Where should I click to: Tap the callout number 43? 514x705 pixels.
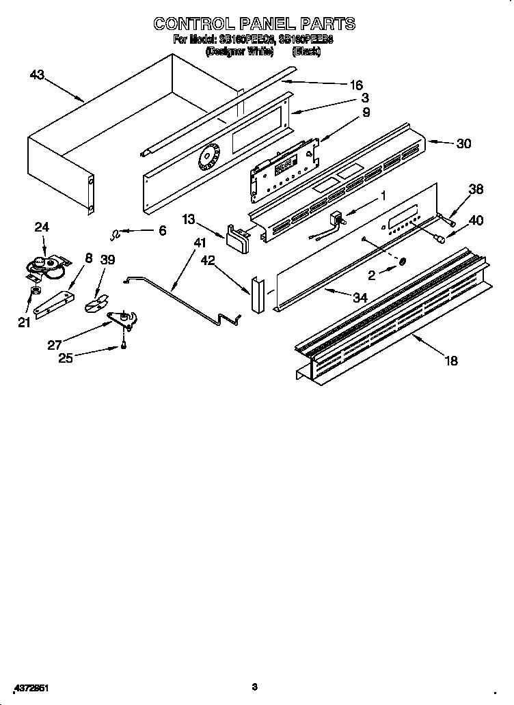38,75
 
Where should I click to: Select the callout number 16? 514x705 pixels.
355,85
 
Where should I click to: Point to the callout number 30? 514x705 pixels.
463,143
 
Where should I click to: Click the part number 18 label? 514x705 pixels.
451,361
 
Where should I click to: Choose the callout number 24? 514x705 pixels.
42,227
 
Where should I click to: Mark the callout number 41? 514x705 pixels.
199,243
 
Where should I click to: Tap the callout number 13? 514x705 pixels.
188,219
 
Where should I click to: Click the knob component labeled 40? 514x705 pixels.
442,239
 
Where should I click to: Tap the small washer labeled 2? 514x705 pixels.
403,262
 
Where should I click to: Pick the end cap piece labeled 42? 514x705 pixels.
257,295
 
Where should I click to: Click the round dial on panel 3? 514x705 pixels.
208,160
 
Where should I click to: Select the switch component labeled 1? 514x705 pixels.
337,219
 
